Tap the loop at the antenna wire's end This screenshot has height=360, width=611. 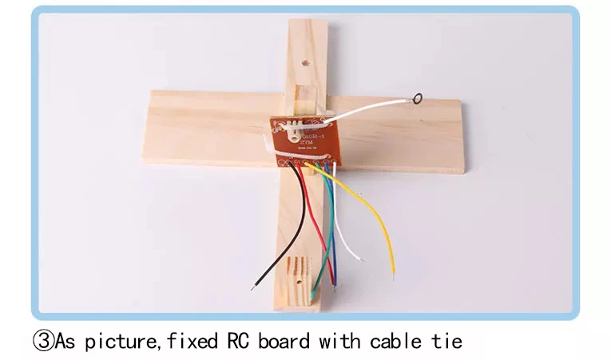417,100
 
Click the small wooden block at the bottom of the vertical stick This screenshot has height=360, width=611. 293,275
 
